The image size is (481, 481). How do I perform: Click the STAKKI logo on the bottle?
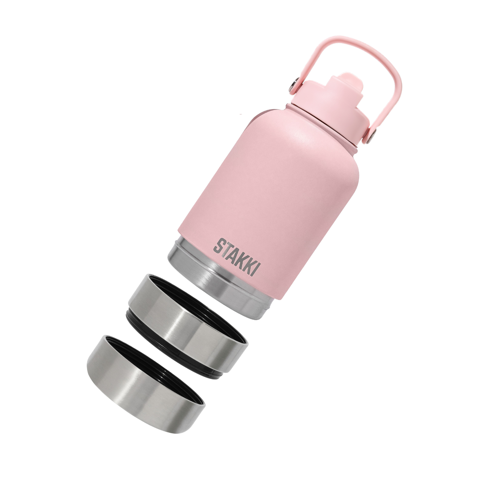(236, 257)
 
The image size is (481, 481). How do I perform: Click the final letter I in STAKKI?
(257, 268)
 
